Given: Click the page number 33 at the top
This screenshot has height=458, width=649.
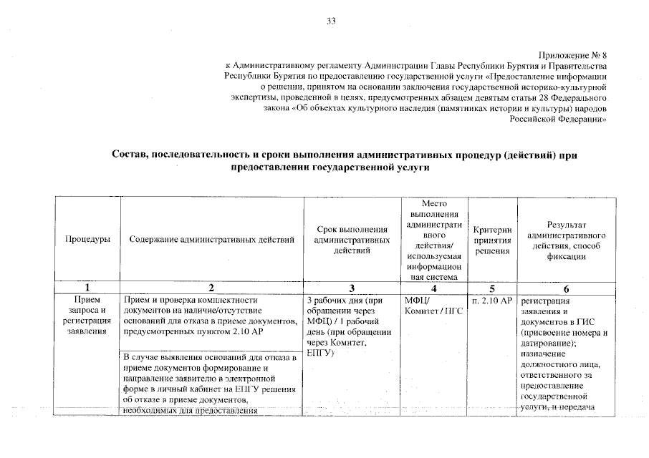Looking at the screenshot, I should [x=331, y=21].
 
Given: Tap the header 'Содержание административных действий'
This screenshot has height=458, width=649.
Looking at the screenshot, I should [x=212, y=240].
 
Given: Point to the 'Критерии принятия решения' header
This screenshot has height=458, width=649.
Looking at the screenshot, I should [x=492, y=240].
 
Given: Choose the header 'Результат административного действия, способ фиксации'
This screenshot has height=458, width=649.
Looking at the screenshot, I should [x=567, y=240].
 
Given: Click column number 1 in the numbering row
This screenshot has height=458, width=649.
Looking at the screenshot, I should [x=87, y=288].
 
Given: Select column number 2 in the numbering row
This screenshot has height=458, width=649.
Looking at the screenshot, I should [x=211, y=288].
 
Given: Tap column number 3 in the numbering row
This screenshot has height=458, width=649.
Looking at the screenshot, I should [x=352, y=288].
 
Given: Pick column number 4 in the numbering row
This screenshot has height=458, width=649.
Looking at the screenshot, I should [x=433, y=288].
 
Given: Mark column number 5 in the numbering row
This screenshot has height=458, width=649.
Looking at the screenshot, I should [x=492, y=288].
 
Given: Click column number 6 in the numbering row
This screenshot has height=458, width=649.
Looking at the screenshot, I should [x=567, y=288].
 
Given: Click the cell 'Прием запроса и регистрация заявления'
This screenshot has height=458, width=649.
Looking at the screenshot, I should [x=87, y=316].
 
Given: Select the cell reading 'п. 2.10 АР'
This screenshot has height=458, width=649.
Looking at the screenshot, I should [x=492, y=301].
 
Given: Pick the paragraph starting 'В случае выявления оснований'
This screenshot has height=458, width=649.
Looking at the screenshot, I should [x=210, y=384].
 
